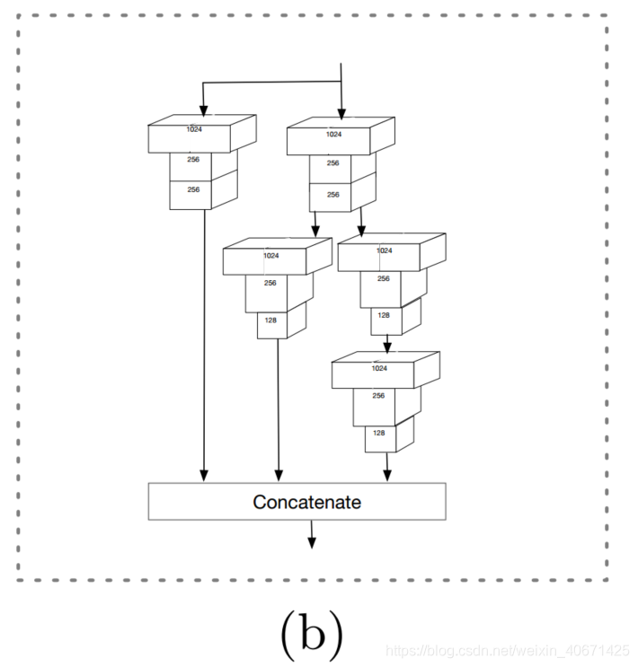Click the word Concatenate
[x=306, y=502]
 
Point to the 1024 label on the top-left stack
[x=194, y=129]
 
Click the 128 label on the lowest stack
[x=379, y=433]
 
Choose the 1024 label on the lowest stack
[x=379, y=368]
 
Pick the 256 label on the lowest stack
[x=379, y=396]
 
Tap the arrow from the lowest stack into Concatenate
[x=386, y=467]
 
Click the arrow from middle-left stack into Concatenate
[x=279, y=413]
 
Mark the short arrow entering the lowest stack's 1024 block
[x=386, y=344]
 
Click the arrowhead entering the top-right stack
[x=341, y=112]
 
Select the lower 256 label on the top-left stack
[x=193, y=189]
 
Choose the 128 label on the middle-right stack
[x=384, y=315]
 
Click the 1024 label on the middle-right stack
[x=385, y=250]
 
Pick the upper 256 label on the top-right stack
[x=332, y=163]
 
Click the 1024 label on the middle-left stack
[x=270, y=256]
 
